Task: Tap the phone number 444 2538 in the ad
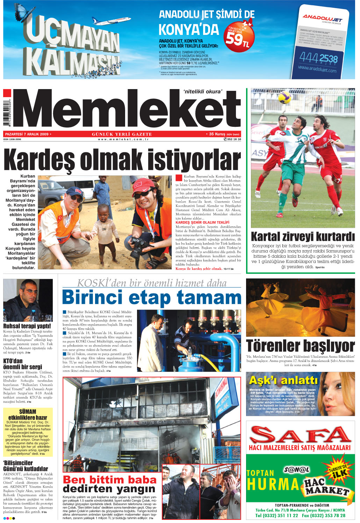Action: [318, 58]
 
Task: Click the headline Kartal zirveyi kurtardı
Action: [303, 237]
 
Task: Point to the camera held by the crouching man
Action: [139, 245]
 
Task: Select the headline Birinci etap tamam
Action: [151, 298]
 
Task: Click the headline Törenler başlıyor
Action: [301, 346]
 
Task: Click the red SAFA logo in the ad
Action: [301, 435]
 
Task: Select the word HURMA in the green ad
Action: [273, 485]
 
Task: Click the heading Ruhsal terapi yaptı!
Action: [27, 326]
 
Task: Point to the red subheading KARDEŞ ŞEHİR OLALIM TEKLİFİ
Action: [202, 222]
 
